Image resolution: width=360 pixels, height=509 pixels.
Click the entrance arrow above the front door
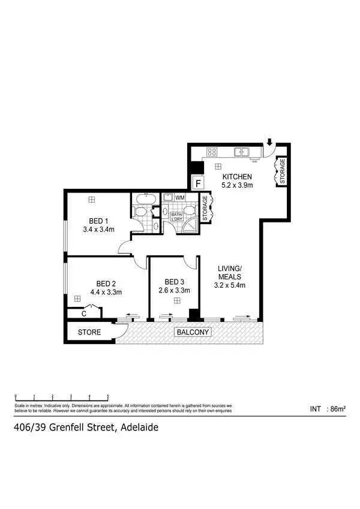pyautogui.click(x=269, y=143)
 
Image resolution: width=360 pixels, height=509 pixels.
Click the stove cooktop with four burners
pyautogui.click(x=212, y=152)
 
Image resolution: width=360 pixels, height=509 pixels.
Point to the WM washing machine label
pyautogui.click(x=180, y=197)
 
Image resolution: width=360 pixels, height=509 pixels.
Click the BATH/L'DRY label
pyautogui.click(x=177, y=216)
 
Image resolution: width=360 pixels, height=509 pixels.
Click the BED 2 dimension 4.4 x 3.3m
pyautogui.click(x=106, y=293)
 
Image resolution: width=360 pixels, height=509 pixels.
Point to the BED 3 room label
pyautogui.click(x=175, y=282)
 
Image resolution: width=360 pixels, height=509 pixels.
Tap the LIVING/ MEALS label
pyautogui.click(x=229, y=273)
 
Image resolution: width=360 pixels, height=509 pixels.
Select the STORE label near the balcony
pyautogui.click(x=89, y=332)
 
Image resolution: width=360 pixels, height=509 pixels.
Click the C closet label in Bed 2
pyautogui.click(x=85, y=312)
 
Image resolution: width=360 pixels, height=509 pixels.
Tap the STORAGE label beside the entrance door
pyautogui.click(x=283, y=172)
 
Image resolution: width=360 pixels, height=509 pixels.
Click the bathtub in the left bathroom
pyautogui.click(x=145, y=198)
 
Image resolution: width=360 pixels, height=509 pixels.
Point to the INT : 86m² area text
pyautogui.click(x=328, y=409)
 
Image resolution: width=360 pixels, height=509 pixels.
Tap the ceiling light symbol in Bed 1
pyautogui.click(x=91, y=200)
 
